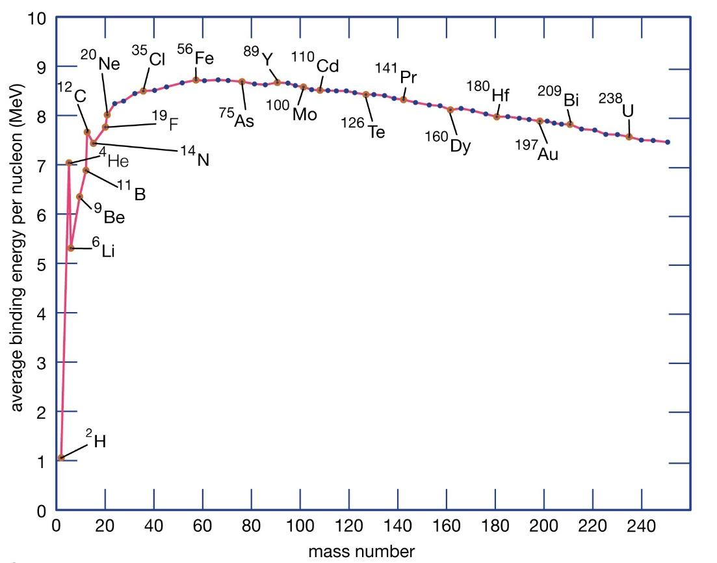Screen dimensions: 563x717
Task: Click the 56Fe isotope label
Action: tap(196, 58)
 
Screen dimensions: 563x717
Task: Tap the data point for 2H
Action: tap(61, 458)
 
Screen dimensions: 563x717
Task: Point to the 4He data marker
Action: tap(69, 163)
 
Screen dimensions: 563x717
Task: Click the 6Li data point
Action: tap(71, 248)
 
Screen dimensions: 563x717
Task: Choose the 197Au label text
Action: tap(538, 150)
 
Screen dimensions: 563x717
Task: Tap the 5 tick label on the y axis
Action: tap(41, 264)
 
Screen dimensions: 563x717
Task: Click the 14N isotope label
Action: tap(195, 156)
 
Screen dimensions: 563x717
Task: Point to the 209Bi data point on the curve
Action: tap(569, 124)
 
